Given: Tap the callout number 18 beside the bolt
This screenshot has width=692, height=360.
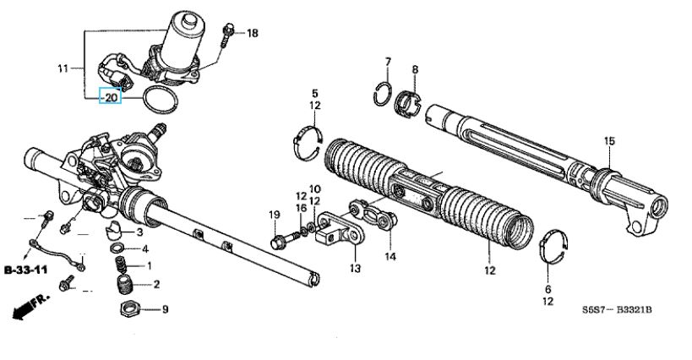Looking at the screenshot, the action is tap(252, 33).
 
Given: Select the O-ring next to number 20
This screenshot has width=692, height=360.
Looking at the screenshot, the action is tap(161, 99).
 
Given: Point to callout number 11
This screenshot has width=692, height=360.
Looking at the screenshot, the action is tap(63, 68).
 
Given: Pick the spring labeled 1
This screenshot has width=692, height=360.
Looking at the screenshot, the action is tap(122, 265).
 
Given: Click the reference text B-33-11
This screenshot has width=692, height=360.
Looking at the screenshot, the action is tap(25, 270).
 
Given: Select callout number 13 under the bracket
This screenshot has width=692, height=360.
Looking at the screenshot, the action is tap(355, 268).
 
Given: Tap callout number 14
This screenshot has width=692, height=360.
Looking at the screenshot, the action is tap(390, 256).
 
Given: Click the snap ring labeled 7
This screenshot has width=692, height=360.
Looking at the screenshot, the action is tap(382, 94).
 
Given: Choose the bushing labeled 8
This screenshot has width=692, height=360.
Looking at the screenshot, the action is tap(408, 104).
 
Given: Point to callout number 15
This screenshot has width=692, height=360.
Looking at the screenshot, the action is tap(609, 141).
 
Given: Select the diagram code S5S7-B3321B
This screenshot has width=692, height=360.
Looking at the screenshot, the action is tap(616, 309).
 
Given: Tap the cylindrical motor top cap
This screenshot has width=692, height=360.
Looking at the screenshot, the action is tap(191, 19).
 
